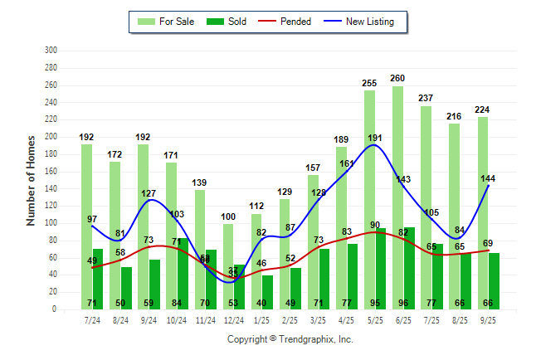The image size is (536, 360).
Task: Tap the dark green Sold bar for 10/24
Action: click(182, 273)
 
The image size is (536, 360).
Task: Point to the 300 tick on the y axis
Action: click(51, 51)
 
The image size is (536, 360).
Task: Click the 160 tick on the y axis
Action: click(51, 171)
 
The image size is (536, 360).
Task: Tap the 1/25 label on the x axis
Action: click(261, 319)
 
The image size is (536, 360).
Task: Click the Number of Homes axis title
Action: click(32, 180)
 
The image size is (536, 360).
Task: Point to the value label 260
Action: click(397, 79)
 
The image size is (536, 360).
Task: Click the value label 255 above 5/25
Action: click(369, 83)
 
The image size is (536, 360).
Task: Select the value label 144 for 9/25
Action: click(488, 178)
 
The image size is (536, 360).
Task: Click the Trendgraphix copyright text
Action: click(290, 339)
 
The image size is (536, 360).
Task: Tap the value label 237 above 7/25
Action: click(426, 99)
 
